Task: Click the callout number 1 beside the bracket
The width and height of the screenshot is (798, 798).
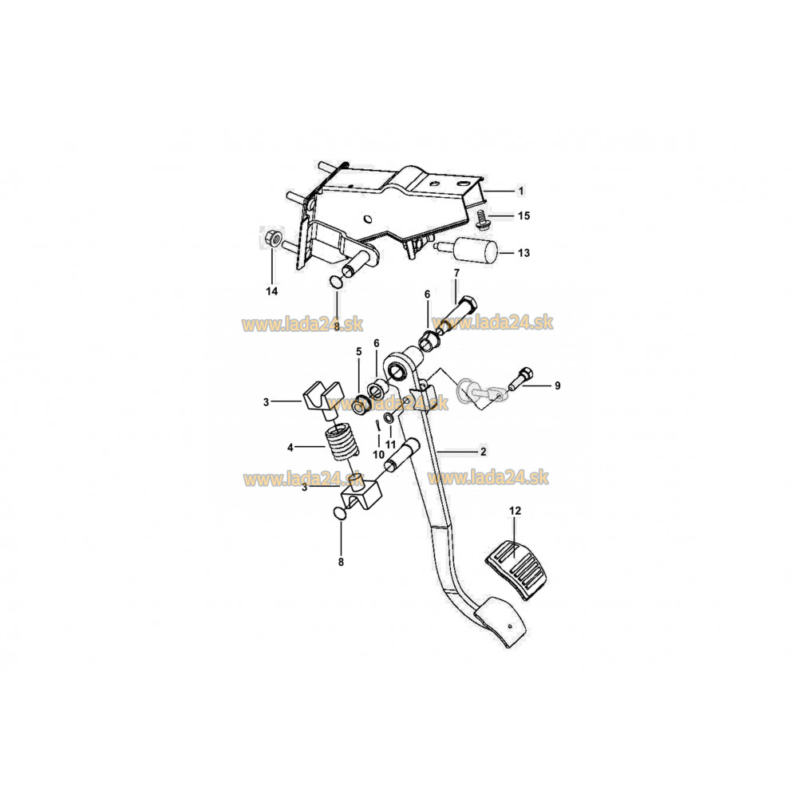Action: point(520,192)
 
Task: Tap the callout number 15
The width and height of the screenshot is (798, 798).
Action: point(523,215)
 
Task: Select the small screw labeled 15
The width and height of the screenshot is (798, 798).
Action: point(480,219)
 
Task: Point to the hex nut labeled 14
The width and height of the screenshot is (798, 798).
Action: point(271,238)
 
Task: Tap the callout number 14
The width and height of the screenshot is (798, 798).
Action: point(272,291)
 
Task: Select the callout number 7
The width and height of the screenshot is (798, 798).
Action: point(456,273)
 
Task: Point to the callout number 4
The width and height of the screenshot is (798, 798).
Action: point(290,448)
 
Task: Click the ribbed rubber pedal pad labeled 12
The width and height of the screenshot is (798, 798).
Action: point(516,571)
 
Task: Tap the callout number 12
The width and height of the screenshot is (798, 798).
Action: point(515,511)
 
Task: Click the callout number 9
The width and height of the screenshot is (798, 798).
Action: point(557,385)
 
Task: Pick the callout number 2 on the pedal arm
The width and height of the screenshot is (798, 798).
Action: point(483,452)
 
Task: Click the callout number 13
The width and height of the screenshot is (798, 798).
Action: point(523,253)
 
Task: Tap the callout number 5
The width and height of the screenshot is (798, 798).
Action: point(359,352)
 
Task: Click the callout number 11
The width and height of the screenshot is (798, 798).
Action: point(390,444)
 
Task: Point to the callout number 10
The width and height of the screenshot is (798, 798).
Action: point(378,455)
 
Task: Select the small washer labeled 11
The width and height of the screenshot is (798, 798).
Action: point(389,418)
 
